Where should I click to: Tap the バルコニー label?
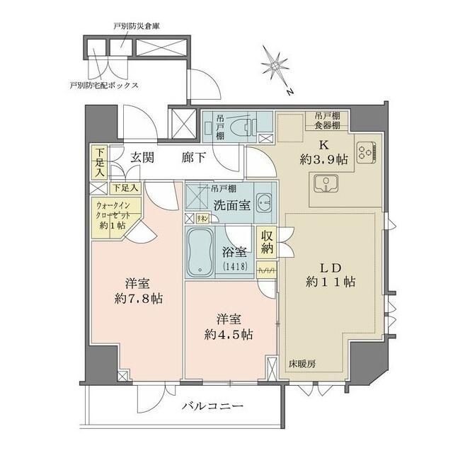click(212, 407)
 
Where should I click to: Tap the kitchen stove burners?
click(367, 151)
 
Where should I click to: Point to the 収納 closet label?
click(268, 242)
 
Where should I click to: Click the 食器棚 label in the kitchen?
click(327, 125)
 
